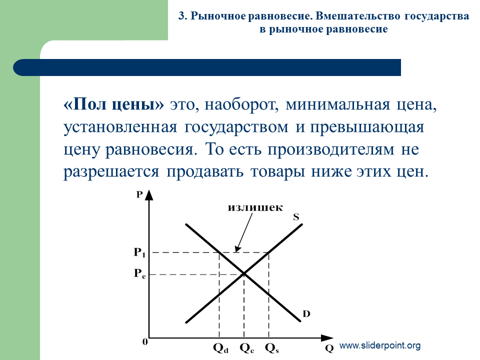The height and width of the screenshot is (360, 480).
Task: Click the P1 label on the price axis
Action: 139,252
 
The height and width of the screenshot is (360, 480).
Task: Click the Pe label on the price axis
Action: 140,273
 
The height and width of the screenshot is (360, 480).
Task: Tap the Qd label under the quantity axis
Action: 220,348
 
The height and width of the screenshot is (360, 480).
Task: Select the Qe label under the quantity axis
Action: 247,348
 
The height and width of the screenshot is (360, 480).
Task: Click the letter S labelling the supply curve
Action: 296,217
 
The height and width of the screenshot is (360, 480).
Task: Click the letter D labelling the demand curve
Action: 306,314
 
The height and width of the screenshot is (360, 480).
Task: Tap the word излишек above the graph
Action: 255,207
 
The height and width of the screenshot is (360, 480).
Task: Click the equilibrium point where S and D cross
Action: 244,273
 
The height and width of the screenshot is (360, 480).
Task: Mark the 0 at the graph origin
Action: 145,341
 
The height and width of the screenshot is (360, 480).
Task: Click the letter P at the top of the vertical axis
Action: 139,194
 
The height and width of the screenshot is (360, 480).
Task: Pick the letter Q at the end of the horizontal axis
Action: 329,348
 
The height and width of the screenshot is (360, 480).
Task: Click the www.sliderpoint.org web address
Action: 380,345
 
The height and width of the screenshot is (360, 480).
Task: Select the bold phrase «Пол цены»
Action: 113,104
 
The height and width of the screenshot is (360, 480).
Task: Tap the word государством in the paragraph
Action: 236,127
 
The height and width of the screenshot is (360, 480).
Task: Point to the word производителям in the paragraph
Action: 331,150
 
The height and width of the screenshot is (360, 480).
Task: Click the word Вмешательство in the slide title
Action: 357,16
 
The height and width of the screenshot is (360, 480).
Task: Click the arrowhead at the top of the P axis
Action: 149,195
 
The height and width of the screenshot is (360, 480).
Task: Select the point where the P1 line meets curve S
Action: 269,252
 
